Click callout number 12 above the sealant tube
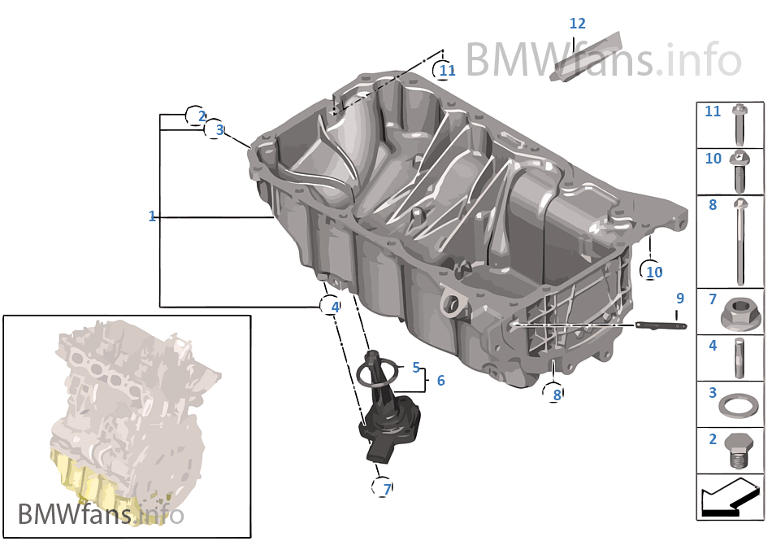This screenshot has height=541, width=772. pyautogui.click(x=577, y=24)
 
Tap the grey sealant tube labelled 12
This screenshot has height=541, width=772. pyautogui.click(x=584, y=57)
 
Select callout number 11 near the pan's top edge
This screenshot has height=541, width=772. pyautogui.click(x=447, y=71)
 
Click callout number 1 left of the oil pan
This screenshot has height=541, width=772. pyautogui.click(x=152, y=216)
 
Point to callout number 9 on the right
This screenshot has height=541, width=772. pyautogui.click(x=680, y=299)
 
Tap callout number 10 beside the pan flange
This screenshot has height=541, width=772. pyautogui.click(x=654, y=272)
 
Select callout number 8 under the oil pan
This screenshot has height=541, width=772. pyautogui.click(x=557, y=395)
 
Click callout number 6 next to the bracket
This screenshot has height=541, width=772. pyautogui.click(x=440, y=380)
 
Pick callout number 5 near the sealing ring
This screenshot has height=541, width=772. pyautogui.click(x=415, y=367)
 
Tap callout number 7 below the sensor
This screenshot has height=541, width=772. pyautogui.click(x=387, y=489)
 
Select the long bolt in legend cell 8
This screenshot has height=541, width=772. pyautogui.click(x=740, y=240)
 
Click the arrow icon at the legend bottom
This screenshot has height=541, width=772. pyautogui.click(x=729, y=498)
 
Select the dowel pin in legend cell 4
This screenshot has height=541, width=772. pyautogui.click(x=740, y=357)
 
